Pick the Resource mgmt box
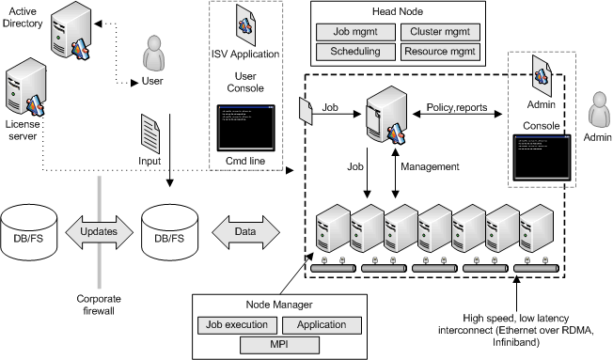click(x=439, y=52)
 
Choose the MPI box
click(x=278, y=346)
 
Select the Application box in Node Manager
click(x=322, y=325)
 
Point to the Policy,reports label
click(x=458, y=107)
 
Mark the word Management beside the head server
click(x=431, y=166)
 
